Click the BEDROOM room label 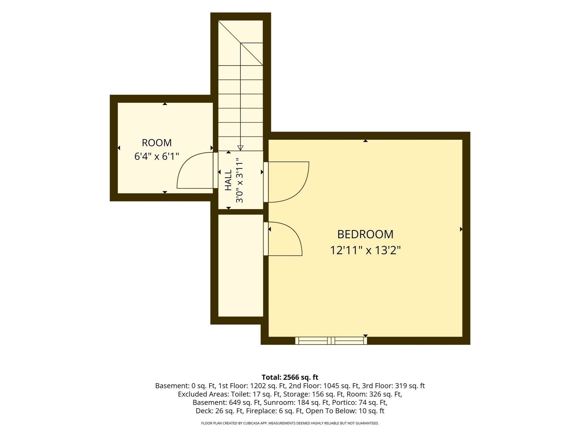point(365,234)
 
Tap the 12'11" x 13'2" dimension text point(365,250)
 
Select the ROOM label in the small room point(157,143)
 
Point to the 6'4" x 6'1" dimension point(157,156)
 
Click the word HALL point(228,180)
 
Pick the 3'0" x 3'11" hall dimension point(240,180)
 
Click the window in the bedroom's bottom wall point(331,340)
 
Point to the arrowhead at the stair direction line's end point(240,148)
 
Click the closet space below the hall point(241,265)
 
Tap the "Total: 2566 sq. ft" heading point(290,377)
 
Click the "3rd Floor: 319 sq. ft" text point(393,386)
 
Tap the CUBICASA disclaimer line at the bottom point(290,423)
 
